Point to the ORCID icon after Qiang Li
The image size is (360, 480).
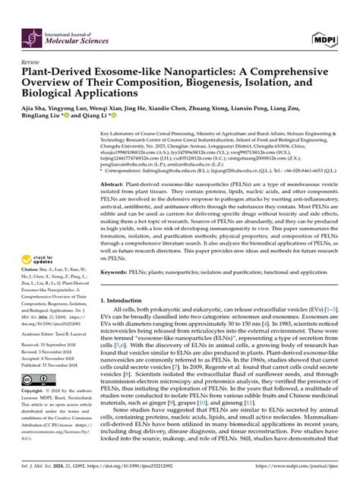click(x=114, y=118)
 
